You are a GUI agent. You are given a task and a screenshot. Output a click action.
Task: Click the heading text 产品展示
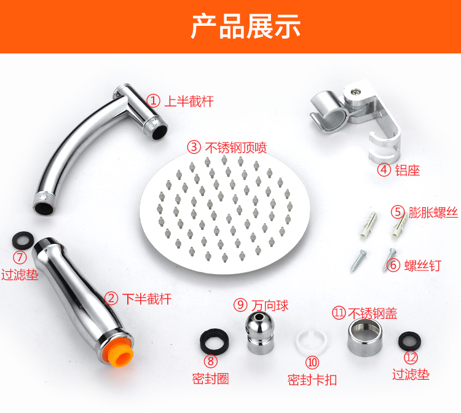tap(246, 26)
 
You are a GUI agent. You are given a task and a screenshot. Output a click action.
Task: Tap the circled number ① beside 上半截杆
tap(154, 101)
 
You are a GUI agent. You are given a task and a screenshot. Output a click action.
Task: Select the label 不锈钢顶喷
tap(236, 147)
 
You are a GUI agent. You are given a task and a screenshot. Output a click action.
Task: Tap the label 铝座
tap(407, 170)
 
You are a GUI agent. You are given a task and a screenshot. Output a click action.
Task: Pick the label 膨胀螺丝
tap(433, 212)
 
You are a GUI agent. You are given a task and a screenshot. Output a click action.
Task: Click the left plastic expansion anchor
tap(368, 224)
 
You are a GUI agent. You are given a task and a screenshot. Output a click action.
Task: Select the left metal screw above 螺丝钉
tap(358, 261)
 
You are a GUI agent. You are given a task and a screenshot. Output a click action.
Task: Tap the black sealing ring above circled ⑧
tap(215, 342)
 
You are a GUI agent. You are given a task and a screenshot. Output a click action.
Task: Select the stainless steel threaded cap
tap(364, 337)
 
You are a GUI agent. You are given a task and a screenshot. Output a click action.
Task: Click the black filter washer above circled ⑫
tap(409, 341)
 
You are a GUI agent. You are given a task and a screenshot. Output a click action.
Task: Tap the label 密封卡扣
tap(312, 380)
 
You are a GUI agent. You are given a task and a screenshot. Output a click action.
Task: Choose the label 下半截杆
tap(147, 299)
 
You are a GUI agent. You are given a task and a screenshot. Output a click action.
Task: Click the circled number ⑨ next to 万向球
tap(240, 305)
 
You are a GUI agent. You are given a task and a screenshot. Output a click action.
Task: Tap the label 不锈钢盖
tap(372, 313)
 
